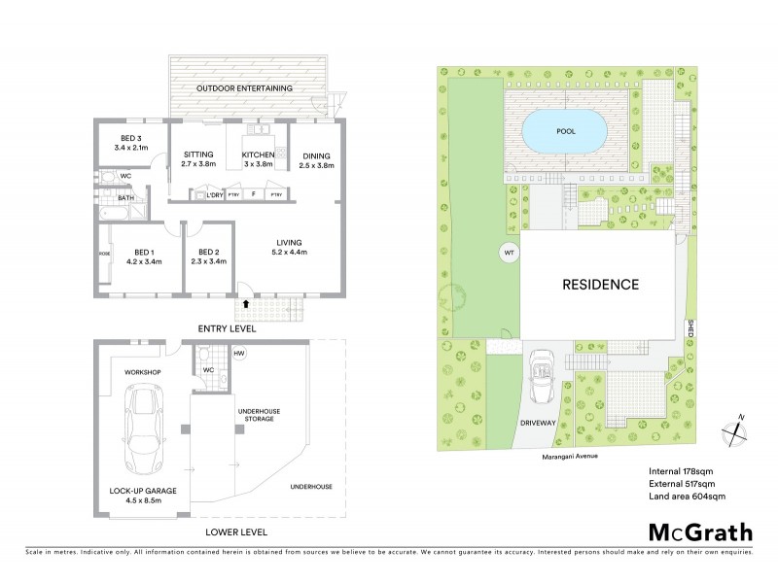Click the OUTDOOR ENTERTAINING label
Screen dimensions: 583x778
244,88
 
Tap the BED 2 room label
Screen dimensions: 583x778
208,256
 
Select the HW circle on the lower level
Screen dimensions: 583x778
239,354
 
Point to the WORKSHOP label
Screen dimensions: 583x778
141,372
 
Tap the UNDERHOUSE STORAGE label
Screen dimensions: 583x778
259,416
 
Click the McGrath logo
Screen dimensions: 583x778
700,532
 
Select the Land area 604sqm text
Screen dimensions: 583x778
687,497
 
